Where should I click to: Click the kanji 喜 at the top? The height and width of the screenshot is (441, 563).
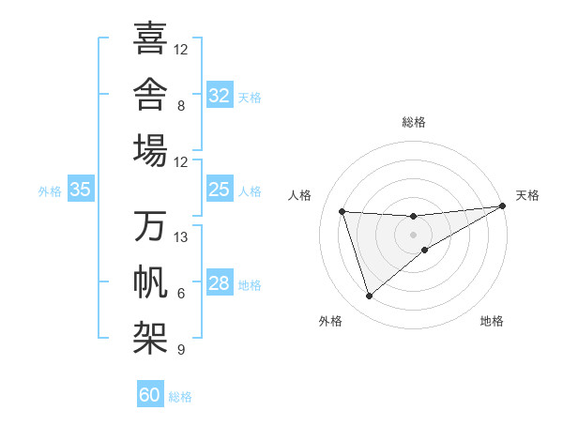[x=150, y=38]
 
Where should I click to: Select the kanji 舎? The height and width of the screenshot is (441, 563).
[x=150, y=94]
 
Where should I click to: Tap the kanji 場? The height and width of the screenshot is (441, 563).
[x=150, y=150]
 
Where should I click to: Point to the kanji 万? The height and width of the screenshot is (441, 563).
[x=150, y=225]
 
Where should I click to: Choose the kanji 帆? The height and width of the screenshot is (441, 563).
[x=150, y=281]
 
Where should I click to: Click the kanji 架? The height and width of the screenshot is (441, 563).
[x=150, y=338]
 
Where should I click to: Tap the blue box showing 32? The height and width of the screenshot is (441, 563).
[x=220, y=95]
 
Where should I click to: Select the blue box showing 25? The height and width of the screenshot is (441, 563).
[x=220, y=189]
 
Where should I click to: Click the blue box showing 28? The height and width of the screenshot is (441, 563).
[x=220, y=281]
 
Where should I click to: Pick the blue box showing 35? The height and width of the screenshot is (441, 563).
[x=81, y=189]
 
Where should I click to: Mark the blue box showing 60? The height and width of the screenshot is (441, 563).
[x=150, y=393]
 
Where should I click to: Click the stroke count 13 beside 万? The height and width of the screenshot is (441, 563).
[x=180, y=237]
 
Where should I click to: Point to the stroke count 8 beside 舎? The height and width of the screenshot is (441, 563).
[x=181, y=106]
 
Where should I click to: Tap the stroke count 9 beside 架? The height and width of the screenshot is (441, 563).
[x=181, y=349]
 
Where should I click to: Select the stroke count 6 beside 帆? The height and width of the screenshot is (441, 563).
[x=181, y=294]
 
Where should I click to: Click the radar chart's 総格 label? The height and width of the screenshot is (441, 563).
[x=414, y=122]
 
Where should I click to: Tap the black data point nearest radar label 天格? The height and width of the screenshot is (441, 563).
[x=503, y=205]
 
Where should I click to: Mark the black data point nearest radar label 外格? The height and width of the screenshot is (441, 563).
[x=369, y=297]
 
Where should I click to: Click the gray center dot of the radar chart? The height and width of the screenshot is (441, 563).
[x=413, y=235]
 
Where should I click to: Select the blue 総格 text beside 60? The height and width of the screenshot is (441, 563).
[x=180, y=397]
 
